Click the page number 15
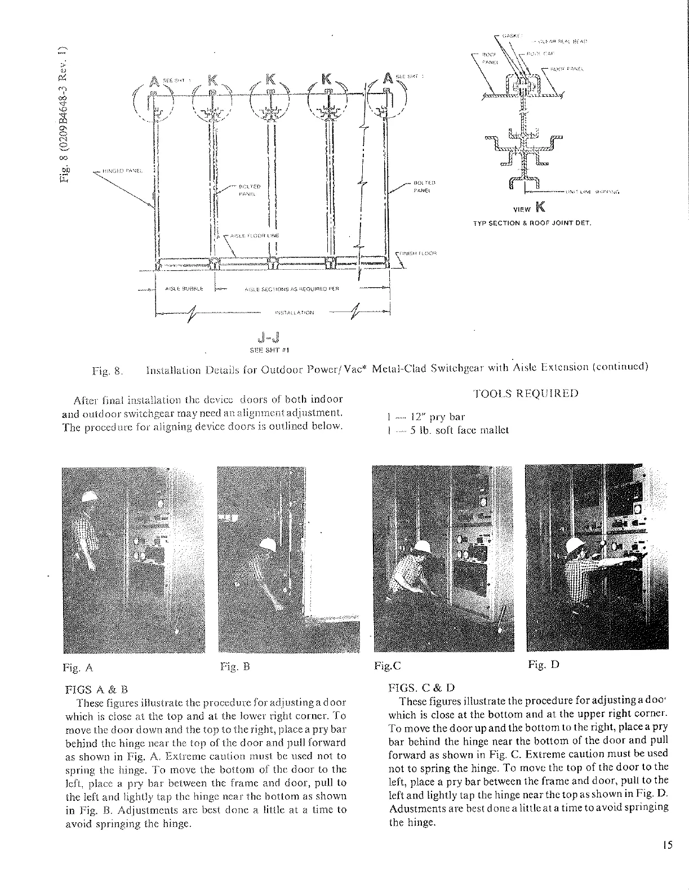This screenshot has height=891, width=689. pos(668,845)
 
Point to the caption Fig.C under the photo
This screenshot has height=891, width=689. pos(387,666)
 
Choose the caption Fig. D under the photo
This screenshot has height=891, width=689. pos(543,665)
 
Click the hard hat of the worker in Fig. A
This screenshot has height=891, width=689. pos(89,497)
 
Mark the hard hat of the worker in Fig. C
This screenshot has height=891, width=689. pos(424,546)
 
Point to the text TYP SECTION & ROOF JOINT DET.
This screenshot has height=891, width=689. pos(531,223)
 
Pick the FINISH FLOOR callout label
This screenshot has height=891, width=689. pos(420,253)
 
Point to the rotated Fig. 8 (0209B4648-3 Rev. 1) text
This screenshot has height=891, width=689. pos(65,113)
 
